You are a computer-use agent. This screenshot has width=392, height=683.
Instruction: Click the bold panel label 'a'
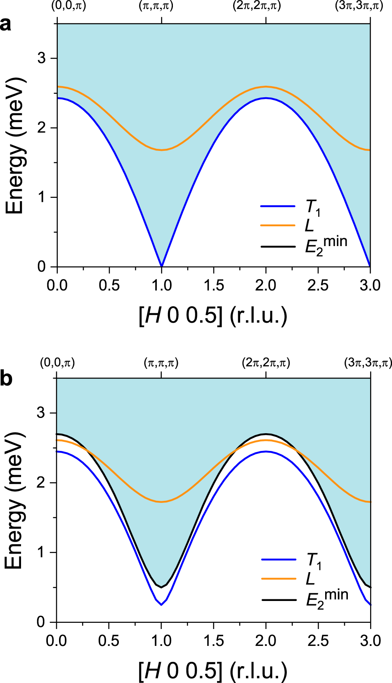click(x=6, y=25)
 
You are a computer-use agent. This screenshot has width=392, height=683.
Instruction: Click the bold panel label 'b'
click(x=6, y=378)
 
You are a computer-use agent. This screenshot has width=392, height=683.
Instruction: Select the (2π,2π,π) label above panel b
click(x=266, y=363)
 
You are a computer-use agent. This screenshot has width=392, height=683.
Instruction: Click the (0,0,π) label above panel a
click(x=68, y=6)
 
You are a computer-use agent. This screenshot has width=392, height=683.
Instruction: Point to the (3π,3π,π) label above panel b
click(x=368, y=363)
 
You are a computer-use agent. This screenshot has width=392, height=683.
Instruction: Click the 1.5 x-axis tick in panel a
click(x=214, y=285)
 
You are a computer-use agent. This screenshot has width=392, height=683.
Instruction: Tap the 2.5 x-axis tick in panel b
click(x=318, y=641)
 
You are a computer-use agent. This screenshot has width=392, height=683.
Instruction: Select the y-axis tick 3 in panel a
click(x=41, y=58)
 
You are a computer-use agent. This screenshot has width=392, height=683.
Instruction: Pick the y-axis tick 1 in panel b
click(x=41, y=552)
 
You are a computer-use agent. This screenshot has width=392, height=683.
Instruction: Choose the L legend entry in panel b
click(x=310, y=579)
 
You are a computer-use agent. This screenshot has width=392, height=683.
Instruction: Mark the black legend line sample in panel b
click(x=279, y=599)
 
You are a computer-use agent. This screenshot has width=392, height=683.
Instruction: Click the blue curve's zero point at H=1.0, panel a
click(x=161, y=266)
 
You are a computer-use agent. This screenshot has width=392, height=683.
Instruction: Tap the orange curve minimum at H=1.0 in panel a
click(x=161, y=150)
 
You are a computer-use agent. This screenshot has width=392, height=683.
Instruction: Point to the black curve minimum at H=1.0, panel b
click(x=161, y=587)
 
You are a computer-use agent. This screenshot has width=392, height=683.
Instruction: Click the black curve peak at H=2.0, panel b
click(x=266, y=434)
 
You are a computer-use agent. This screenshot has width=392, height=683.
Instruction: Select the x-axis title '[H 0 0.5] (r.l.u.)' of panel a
click(x=213, y=316)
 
